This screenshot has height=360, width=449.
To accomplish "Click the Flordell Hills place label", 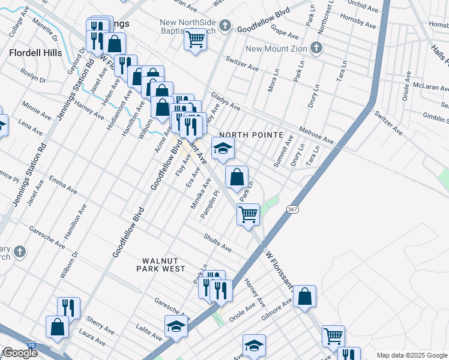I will click(x=35, y=53).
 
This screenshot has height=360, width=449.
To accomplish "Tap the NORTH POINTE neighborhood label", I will click(x=250, y=136).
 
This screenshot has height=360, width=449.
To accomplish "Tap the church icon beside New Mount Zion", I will click(x=316, y=48).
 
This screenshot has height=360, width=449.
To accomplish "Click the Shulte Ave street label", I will click(x=217, y=243).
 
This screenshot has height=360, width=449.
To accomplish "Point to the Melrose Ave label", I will click(x=316, y=134).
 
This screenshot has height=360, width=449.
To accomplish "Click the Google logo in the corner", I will click(x=19, y=352).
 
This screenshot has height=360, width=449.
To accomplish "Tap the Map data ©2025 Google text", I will click(x=412, y=355).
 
